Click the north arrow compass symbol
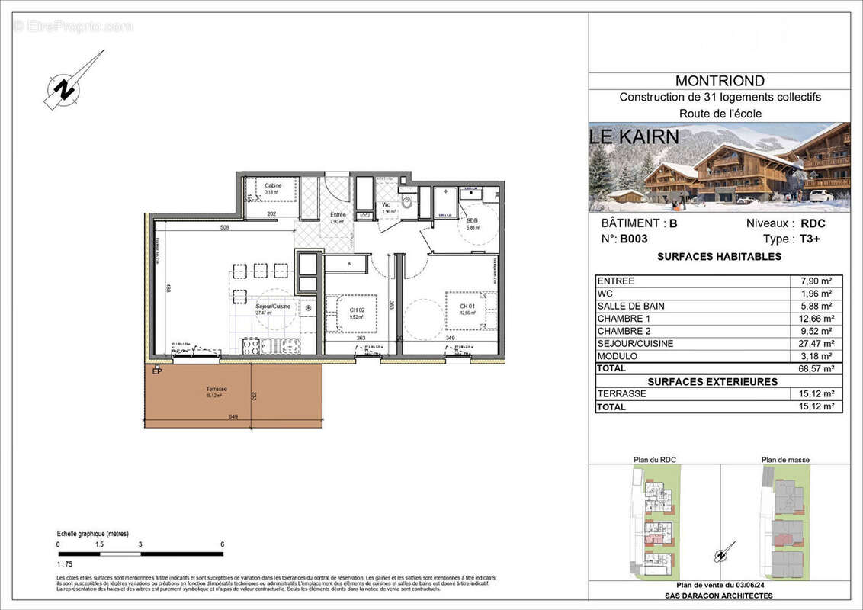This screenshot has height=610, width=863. click(69, 84)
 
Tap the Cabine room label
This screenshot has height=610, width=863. click(273, 186)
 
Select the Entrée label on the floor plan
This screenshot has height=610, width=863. click(337, 215)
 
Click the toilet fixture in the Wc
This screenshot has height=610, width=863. click(407, 203)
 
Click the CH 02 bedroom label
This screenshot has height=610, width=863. click(356, 310)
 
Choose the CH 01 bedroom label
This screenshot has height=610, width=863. click(466, 307)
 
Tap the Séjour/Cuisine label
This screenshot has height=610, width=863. click(272, 306)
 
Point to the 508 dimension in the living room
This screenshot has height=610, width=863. click(224, 226)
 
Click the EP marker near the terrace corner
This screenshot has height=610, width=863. click(157, 371)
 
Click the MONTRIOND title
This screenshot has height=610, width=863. click(720, 81)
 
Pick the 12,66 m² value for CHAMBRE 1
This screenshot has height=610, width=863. click(816, 319)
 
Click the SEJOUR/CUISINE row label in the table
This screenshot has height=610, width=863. click(635, 344)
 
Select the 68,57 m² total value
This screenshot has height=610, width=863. click(816, 368)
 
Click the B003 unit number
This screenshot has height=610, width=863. click(633, 239)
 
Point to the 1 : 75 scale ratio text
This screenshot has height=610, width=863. click(66, 564)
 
